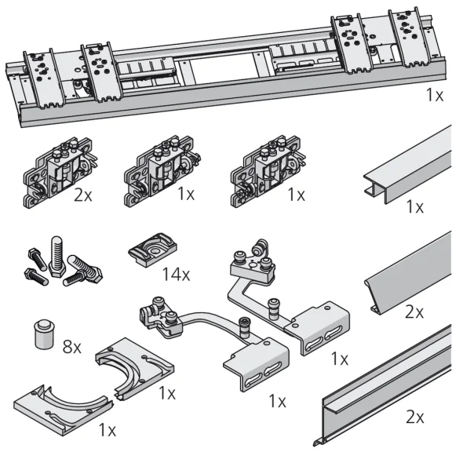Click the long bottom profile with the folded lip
click(x=385, y=392)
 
